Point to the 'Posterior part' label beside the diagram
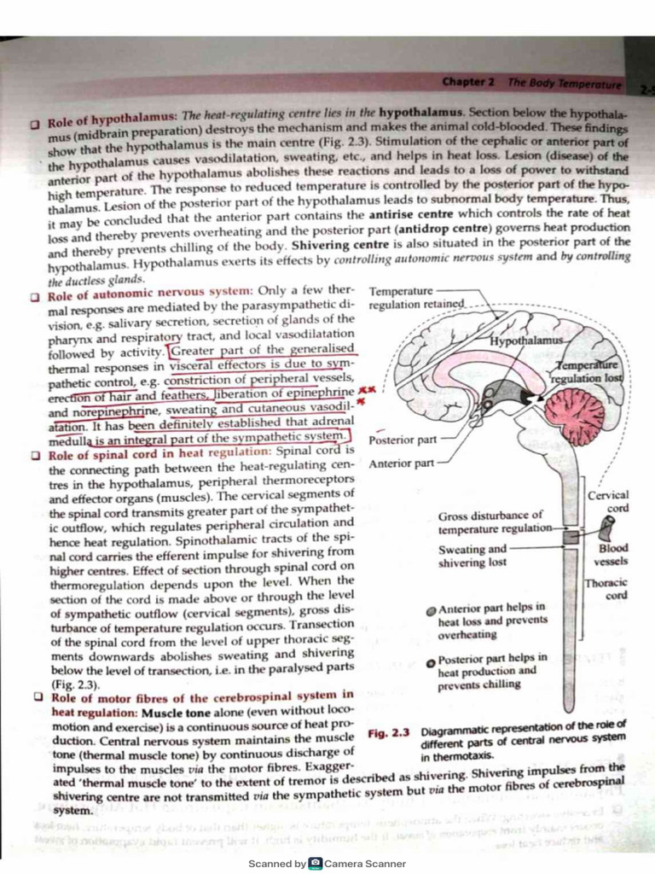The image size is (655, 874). (403, 440)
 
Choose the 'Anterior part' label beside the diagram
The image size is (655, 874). (401, 463)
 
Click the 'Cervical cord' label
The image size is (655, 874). (609, 501)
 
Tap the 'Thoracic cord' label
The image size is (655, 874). (606, 589)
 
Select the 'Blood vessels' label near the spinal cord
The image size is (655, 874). (613, 555)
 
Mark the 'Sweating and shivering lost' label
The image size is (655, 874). (472, 556)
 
